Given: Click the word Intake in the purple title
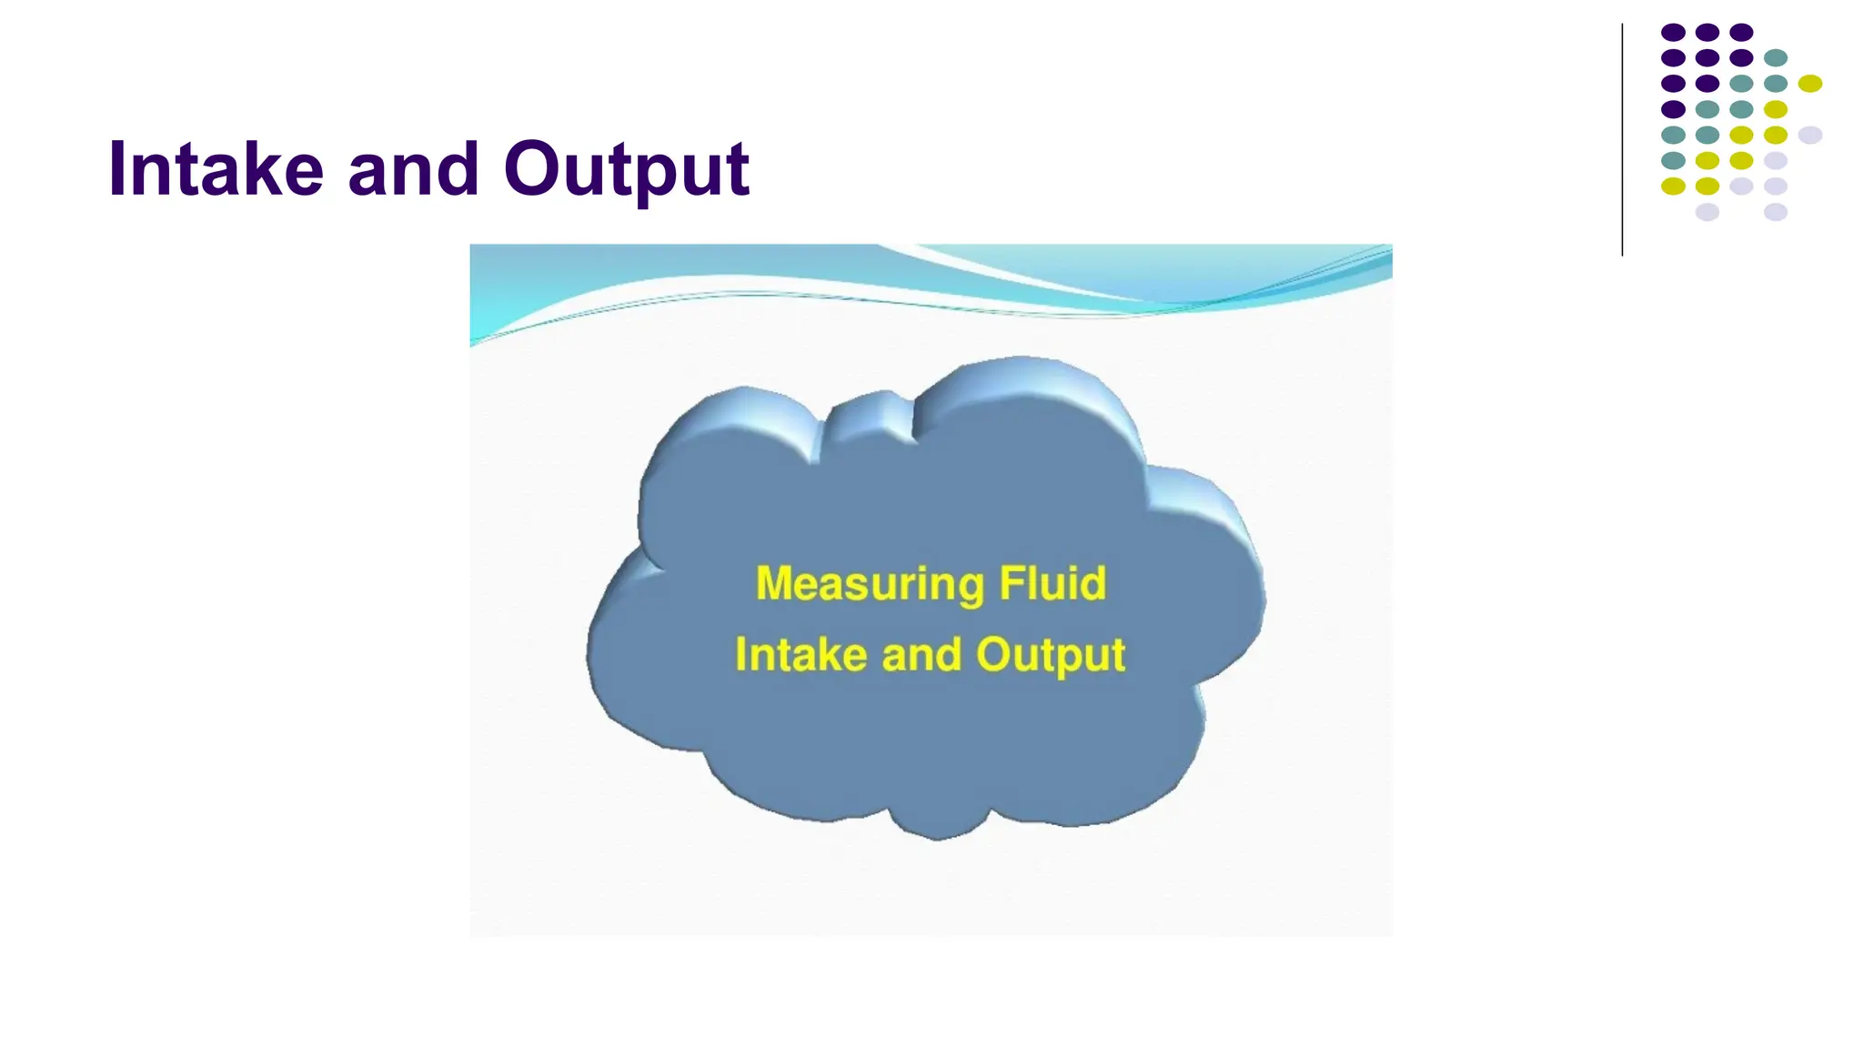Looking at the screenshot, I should (x=216, y=169).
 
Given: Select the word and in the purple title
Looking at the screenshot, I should (x=413, y=169).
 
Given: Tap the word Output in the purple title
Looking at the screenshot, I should (x=627, y=171).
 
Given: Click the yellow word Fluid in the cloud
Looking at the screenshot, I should (x=1052, y=583).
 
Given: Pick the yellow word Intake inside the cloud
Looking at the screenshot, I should (x=801, y=655).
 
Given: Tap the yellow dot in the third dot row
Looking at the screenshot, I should (x=1809, y=84).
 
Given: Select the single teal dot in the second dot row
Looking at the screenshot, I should (x=1775, y=58).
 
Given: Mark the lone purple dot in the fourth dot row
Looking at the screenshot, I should (x=1673, y=109).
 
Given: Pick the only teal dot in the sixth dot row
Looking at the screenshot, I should (x=1673, y=161).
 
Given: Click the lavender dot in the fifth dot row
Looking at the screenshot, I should (x=1809, y=135).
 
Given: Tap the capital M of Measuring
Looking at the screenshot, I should (x=775, y=583).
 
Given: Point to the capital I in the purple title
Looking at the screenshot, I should (x=117, y=169).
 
